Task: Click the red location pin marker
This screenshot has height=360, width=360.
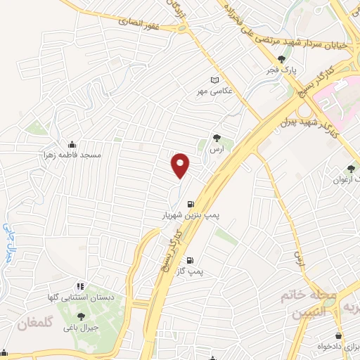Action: click(181, 165)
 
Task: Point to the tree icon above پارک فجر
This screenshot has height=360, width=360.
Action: click(282, 60)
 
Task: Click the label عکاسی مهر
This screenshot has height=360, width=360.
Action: click(214, 91)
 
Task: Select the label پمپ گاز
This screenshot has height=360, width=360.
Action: click(193, 271)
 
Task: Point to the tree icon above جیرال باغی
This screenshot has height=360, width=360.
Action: click(80, 317)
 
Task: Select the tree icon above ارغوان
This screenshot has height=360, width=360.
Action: click(350, 169)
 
